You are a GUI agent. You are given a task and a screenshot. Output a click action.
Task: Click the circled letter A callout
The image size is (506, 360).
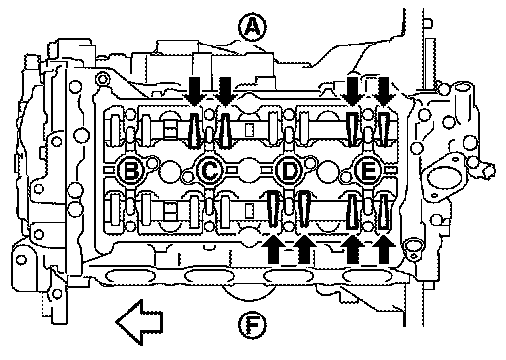pyautogui.click(x=252, y=27)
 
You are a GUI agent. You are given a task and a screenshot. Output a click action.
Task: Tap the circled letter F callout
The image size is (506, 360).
pyautogui.click(x=252, y=325)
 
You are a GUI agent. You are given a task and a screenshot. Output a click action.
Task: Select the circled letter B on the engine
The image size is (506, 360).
pyautogui.click(x=130, y=170)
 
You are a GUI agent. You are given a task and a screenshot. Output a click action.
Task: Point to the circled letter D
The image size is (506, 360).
pyautogui.click(x=289, y=170)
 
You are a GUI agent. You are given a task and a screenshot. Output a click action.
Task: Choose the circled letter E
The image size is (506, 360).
pyautogui.click(x=368, y=170)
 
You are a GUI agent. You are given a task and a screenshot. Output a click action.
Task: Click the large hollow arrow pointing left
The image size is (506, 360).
pyautogui.click(x=139, y=321)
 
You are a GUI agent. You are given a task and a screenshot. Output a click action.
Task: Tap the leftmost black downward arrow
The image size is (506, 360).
pyautogui.click(x=195, y=91)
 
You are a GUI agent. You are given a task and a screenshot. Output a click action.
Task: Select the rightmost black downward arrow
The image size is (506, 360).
pyautogui.click(x=383, y=91)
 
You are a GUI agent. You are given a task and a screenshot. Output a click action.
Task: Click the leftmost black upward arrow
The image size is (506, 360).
pyautogui.click(x=273, y=249)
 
